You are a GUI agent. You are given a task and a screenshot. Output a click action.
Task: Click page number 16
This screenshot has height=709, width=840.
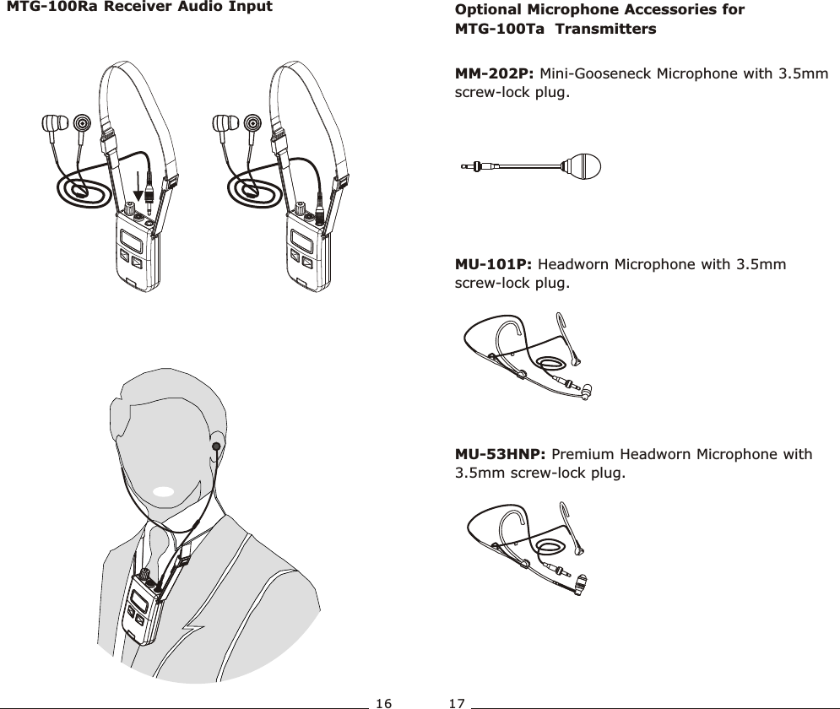click(x=384, y=701)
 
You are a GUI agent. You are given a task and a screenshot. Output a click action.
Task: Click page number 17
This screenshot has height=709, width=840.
click(x=458, y=701)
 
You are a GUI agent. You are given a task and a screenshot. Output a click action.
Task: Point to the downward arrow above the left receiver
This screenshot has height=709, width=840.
click(x=138, y=191)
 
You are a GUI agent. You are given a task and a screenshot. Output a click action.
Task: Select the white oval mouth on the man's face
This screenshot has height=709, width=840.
click(x=165, y=490)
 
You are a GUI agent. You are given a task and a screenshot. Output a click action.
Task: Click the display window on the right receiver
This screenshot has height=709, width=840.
click(x=302, y=240)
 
